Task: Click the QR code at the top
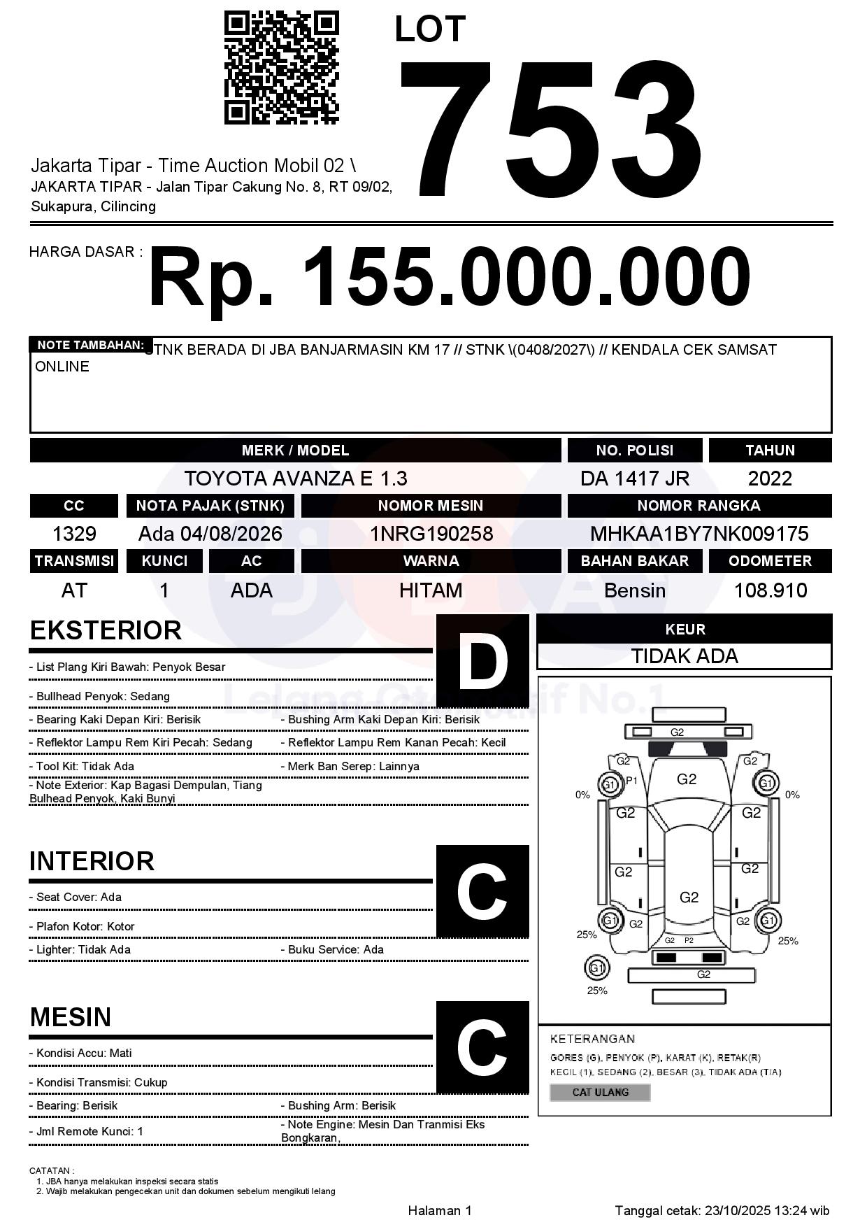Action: (x=281, y=67)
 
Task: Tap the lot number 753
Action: (x=550, y=129)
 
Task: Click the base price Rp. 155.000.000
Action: (x=449, y=277)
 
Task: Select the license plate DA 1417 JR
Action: (x=634, y=478)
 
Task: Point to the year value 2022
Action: (x=770, y=478)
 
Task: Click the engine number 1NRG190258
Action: (x=431, y=534)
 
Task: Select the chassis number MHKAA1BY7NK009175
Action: (x=699, y=534)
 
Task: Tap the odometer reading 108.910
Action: (x=770, y=590)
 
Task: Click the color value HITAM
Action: (x=431, y=590)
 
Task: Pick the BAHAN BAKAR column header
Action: (x=634, y=561)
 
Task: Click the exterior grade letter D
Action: (x=482, y=661)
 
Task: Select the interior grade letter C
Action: (x=482, y=892)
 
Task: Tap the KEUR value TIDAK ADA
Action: (x=685, y=656)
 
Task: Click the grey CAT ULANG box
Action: (x=600, y=1092)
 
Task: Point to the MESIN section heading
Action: (x=71, y=1017)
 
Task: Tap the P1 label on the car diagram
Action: (x=631, y=781)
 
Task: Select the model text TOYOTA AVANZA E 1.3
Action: (x=295, y=478)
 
